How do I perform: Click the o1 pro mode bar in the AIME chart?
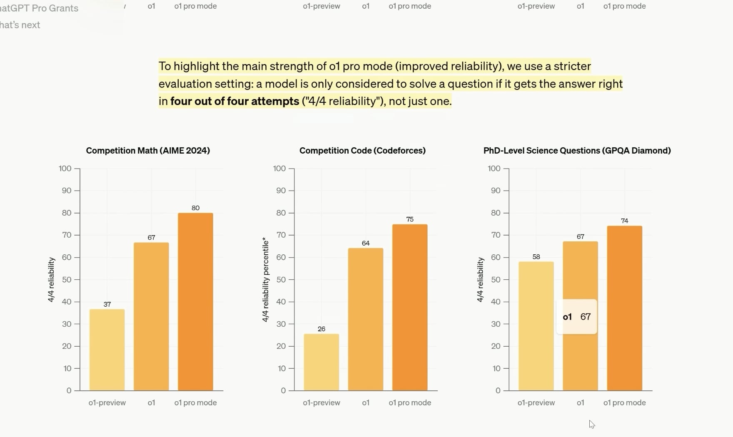pos(195,302)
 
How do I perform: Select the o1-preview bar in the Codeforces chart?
pos(321,362)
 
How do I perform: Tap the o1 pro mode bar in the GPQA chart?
pos(624,308)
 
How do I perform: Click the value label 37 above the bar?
pos(107,304)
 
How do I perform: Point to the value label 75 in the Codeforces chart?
pos(410,219)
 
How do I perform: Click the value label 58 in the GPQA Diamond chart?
pos(536,257)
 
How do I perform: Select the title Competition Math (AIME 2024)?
pos(148,151)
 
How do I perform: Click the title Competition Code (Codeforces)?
pos(362,151)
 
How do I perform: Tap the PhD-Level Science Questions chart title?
pos(577,151)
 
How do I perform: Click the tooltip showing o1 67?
pos(577,317)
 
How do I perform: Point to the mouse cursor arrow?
pos(591,424)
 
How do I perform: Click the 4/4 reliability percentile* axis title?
pos(265,280)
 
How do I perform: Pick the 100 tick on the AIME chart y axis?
pos(65,169)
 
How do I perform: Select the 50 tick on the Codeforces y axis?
pos(281,280)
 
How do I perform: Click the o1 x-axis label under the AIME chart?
pos(151,403)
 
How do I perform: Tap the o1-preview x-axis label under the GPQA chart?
pos(536,403)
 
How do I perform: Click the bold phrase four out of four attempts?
pos(234,101)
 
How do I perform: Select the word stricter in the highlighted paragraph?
pos(572,66)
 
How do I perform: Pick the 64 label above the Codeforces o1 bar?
pos(366,243)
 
